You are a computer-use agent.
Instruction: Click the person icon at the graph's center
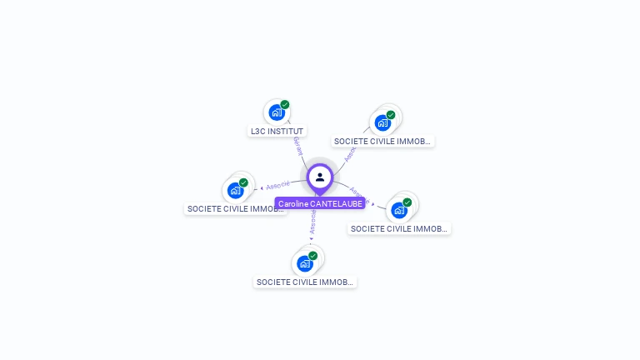click(x=320, y=177)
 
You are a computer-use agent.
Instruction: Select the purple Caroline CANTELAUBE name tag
click(x=320, y=203)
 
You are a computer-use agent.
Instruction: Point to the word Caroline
click(x=292, y=203)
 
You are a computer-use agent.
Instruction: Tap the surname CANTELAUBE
click(x=335, y=203)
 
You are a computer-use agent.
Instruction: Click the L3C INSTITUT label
click(x=277, y=131)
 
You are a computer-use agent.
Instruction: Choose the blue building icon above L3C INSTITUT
click(x=276, y=112)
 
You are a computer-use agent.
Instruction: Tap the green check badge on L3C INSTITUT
click(x=285, y=105)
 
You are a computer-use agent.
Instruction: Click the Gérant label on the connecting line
click(x=297, y=147)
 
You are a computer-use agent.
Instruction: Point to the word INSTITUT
click(x=287, y=131)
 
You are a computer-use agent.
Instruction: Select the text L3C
click(x=258, y=131)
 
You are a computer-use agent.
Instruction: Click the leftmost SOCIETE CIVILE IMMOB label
click(x=236, y=209)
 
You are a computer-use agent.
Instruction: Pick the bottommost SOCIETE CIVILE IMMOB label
click(x=305, y=282)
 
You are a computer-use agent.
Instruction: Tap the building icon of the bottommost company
click(x=304, y=263)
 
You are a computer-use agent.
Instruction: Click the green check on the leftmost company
click(x=243, y=182)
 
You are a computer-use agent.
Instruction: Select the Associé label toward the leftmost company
click(x=277, y=185)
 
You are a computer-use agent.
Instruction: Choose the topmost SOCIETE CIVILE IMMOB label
click(x=382, y=142)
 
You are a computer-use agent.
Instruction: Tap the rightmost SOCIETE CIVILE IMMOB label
click(x=399, y=228)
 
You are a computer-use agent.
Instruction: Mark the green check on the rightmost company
click(x=407, y=202)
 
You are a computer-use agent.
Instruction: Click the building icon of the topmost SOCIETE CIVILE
click(x=382, y=122)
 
